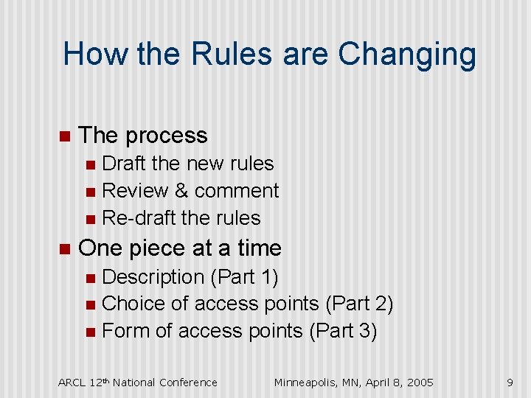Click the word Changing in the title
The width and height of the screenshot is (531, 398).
coord(407,55)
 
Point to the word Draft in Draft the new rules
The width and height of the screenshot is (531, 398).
coord(124,164)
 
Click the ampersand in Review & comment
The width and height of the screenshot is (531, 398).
coord(181,191)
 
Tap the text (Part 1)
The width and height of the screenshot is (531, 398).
coord(244,277)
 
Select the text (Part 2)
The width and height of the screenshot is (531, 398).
coord(359,304)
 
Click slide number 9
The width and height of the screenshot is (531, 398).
coord(510,382)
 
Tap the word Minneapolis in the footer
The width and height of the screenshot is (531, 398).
coord(309,382)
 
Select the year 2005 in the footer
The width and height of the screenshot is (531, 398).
coord(418,382)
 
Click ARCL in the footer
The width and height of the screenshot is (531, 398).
coord(72,382)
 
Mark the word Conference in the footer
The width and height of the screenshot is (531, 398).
coord(189,382)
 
